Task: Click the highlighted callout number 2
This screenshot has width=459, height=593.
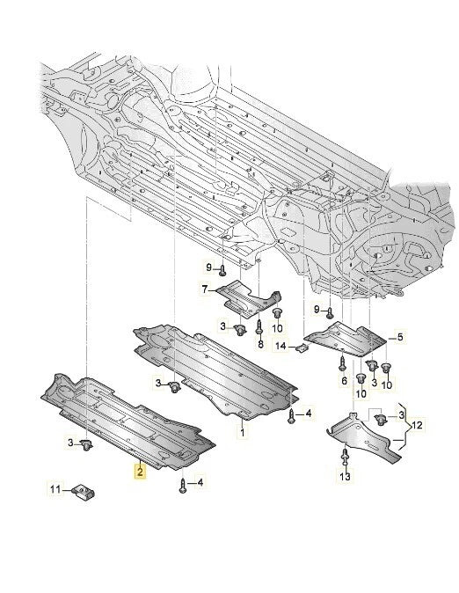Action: [139, 472]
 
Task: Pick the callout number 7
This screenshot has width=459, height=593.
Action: [204, 289]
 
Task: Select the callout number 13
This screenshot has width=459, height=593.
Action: [346, 476]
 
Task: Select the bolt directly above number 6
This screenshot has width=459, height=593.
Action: [344, 362]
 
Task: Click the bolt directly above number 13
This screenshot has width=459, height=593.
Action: [344, 457]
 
